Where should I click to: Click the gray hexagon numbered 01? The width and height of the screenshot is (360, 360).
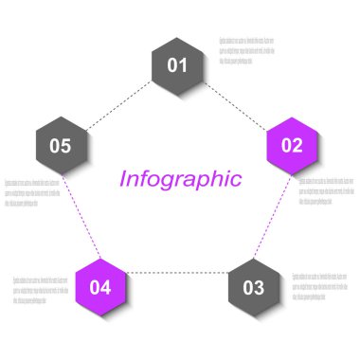pyautogui.click(x=178, y=65)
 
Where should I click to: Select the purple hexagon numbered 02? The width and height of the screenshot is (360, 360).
pyautogui.click(x=292, y=145)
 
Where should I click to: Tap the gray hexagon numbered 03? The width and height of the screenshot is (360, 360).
pyautogui.click(x=254, y=286)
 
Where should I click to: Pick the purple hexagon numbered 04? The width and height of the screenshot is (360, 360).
pyautogui.click(x=101, y=286)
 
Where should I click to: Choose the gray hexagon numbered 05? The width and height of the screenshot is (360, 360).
pyautogui.click(x=61, y=145)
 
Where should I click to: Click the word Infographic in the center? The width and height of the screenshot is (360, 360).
pyautogui.click(x=180, y=178)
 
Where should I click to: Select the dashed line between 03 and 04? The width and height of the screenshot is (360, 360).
pyautogui.click(x=178, y=273)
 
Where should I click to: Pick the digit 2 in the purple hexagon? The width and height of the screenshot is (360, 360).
pyautogui.click(x=297, y=145)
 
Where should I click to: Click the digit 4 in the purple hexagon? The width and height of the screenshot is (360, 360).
pyautogui.click(x=106, y=286)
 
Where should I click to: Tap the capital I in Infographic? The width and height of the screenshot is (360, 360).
pyautogui.click(x=123, y=178)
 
